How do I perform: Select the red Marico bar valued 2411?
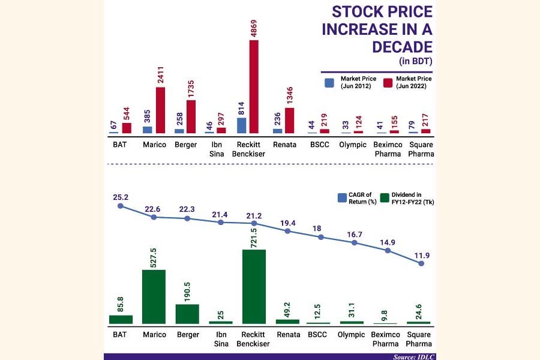tap(160, 110)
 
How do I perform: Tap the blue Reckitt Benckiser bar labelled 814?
tap(242, 125)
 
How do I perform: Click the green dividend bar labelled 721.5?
tap(254, 286)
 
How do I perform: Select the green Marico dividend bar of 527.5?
tap(154, 296)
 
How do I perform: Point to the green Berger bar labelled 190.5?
tap(187, 314)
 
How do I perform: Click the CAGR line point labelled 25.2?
tap(121, 206)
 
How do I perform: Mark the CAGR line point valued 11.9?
tap(421, 263)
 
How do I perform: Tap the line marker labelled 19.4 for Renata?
tap(287, 229)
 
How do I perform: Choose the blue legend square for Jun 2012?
tap(329, 83)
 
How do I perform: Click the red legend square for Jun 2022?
tap(388, 83)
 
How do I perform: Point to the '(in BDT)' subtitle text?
tap(415, 62)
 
